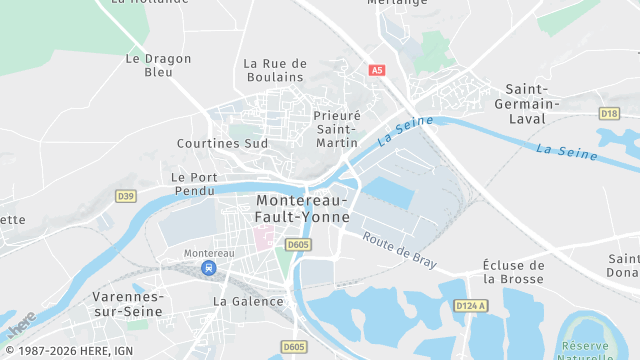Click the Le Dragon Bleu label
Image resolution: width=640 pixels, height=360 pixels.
159,65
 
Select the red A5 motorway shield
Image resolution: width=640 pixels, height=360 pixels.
377,70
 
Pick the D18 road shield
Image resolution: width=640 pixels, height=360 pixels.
609,113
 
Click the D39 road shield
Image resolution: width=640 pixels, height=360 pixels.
125,196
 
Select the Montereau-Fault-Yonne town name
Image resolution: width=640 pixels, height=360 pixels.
303,208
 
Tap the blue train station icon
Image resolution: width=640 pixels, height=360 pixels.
208,268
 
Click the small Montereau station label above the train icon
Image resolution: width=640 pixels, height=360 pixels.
208,253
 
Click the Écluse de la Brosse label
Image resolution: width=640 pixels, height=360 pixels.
514,272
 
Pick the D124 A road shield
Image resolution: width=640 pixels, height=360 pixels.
469,305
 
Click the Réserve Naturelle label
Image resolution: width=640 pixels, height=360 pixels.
605,350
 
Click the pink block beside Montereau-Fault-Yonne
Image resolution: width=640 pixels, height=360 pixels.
264,238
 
